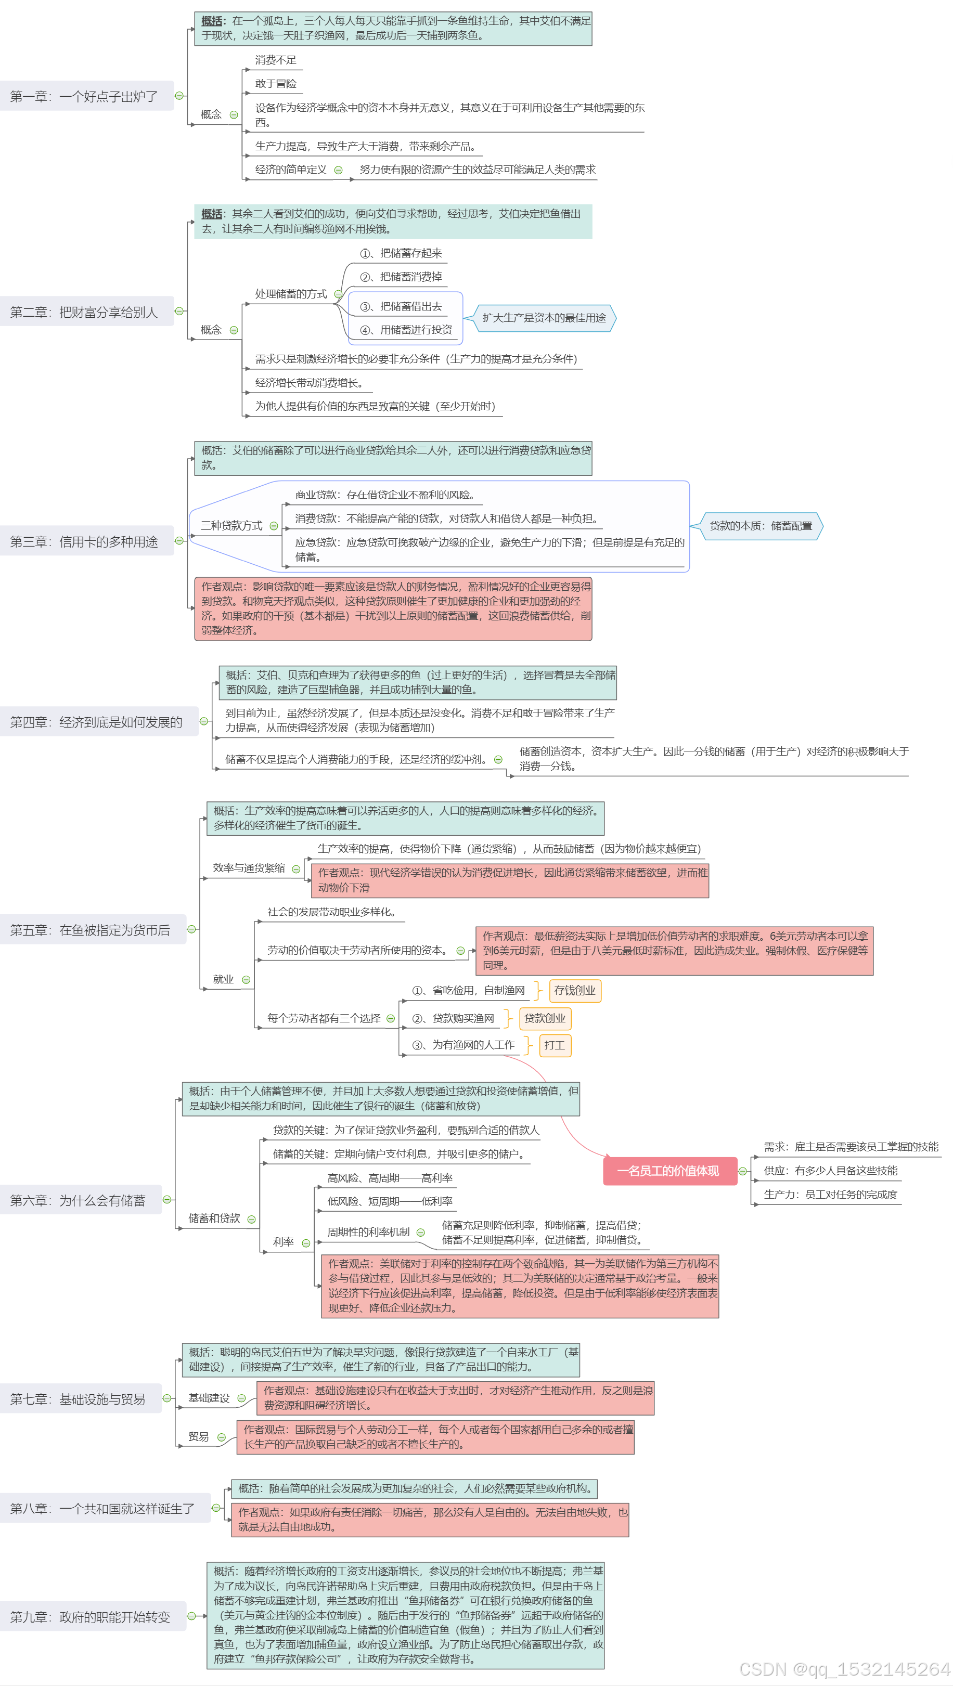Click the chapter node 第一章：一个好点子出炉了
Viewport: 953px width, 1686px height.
[84, 96]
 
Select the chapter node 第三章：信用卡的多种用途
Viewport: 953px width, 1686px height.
[84, 541]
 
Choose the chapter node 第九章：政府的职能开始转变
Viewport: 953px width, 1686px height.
[91, 1617]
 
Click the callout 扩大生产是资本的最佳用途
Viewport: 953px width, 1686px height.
[544, 318]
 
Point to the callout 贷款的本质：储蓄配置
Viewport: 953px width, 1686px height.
[761, 526]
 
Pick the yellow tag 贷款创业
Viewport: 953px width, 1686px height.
[545, 1018]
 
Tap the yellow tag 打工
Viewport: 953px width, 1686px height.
[555, 1045]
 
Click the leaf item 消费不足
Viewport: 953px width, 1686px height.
[276, 60]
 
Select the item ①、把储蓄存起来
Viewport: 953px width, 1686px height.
[401, 253]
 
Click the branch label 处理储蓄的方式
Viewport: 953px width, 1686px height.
[291, 294]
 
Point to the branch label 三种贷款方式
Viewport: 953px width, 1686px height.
[231, 526]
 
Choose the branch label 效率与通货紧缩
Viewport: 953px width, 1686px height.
[249, 868]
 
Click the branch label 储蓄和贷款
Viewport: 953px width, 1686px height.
[214, 1218]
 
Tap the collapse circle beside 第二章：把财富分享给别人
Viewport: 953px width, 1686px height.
[179, 312]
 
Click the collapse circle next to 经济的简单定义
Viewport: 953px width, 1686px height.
[339, 170]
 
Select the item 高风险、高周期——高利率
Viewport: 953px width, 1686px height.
[390, 1178]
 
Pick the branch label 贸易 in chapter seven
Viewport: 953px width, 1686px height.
[198, 1436]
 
